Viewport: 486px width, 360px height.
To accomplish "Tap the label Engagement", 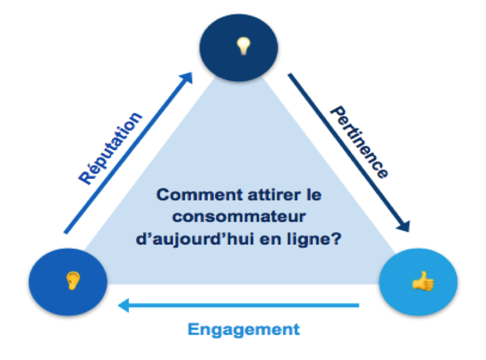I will (244, 330).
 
